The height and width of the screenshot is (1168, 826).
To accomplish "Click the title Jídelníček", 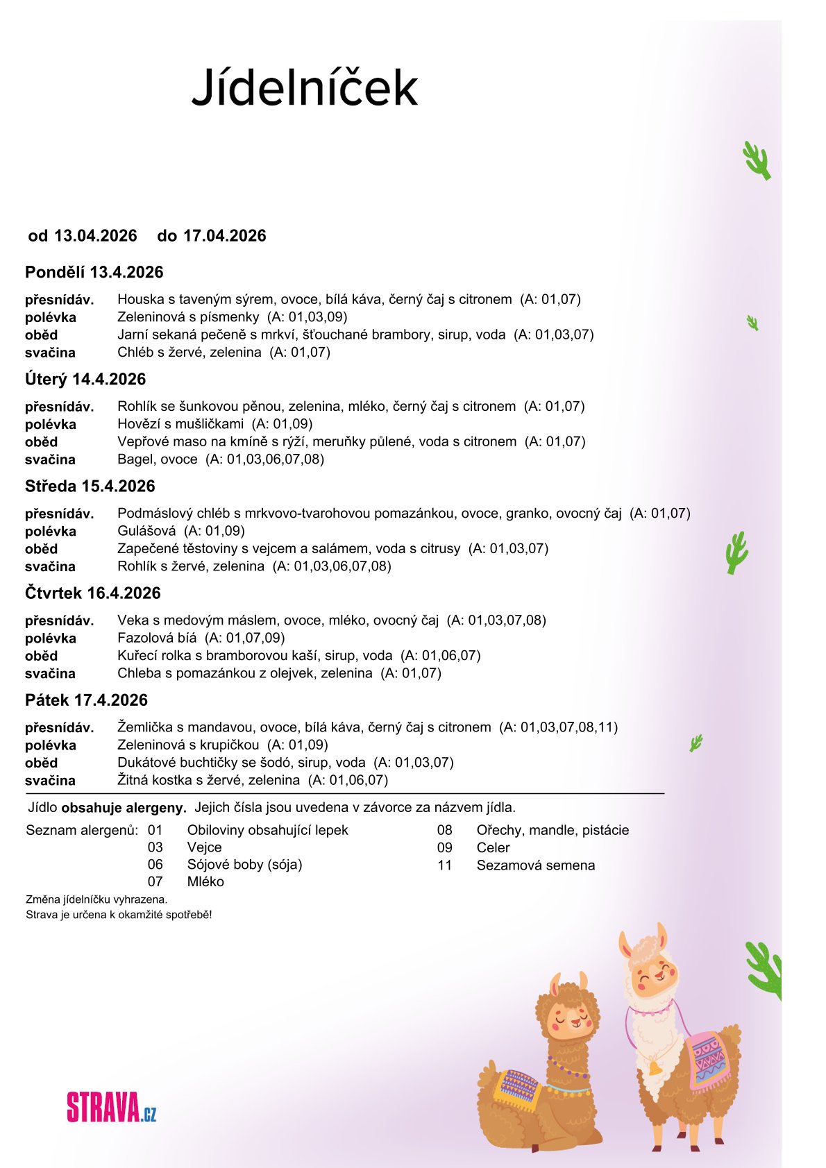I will click(x=305, y=88).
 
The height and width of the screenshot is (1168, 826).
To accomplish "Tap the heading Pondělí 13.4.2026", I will click(x=94, y=272).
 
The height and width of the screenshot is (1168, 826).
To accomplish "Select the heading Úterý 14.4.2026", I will click(x=85, y=379).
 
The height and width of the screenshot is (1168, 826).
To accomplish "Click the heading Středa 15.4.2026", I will click(x=90, y=486).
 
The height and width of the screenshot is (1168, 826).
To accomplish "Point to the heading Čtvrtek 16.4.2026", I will click(x=93, y=593).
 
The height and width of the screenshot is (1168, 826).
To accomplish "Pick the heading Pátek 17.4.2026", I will click(x=87, y=700).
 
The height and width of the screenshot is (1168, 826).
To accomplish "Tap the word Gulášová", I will click(x=146, y=531).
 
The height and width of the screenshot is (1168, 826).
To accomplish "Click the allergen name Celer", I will click(x=493, y=847).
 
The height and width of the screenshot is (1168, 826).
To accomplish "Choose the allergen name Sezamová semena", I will click(x=535, y=865).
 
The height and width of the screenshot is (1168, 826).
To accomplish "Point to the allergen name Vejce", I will click(x=204, y=847).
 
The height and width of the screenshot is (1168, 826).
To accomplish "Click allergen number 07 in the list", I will click(x=155, y=881).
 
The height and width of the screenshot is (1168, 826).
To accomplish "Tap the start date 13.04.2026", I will click(x=96, y=236).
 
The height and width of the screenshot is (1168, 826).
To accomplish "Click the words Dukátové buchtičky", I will click(x=178, y=762).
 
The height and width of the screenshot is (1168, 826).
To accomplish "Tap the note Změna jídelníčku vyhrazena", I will click(x=96, y=899).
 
